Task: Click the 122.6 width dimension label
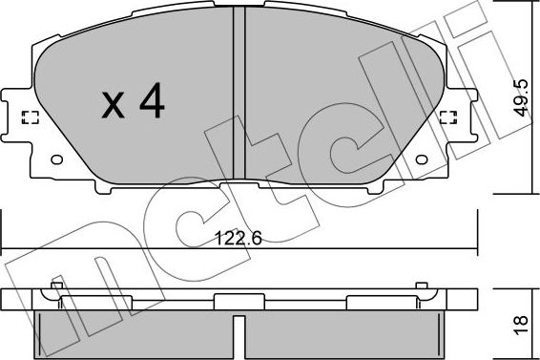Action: [x=238, y=238]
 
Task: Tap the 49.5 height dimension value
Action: [x=520, y=97]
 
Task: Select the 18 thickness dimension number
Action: [x=520, y=325]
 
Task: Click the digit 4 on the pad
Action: [x=152, y=100]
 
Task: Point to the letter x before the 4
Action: [x=113, y=105]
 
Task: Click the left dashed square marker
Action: [x=31, y=117]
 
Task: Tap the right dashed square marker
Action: [x=448, y=117]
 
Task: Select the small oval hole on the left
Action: [x=57, y=159]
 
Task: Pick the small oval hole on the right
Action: [x=422, y=159]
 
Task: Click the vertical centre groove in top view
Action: [x=239, y=94]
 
